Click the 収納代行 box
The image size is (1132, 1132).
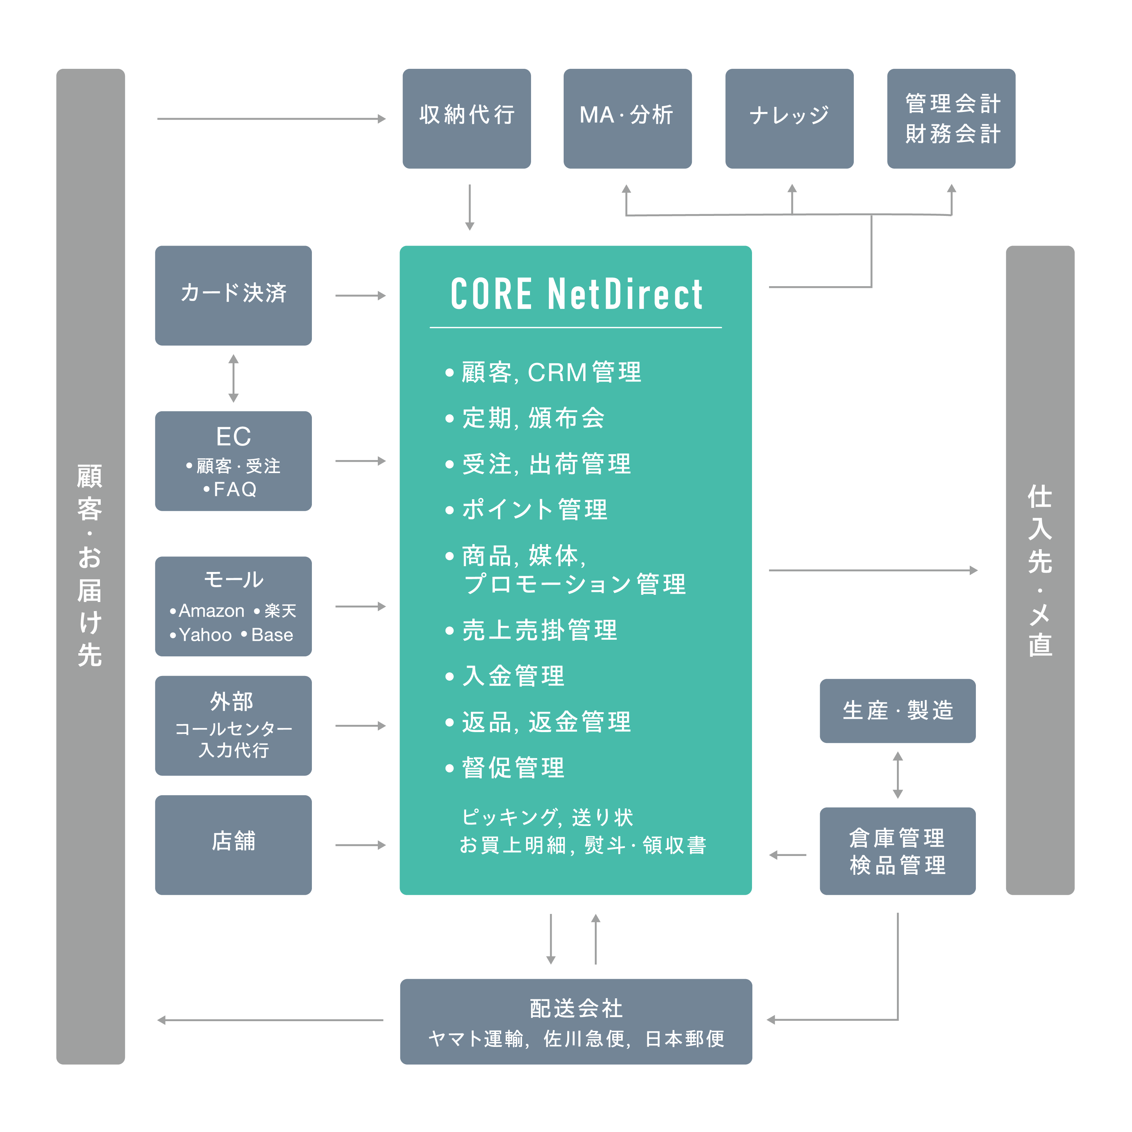coord(467,118)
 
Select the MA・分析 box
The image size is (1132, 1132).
coord(627,118)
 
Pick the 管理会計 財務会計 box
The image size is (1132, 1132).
coord(951,118)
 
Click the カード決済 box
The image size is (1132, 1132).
coord(233,295)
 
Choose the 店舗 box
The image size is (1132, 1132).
coord(233,844)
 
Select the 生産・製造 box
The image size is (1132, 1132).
coord(897,711)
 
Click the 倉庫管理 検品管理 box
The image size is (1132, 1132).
coord(897,851)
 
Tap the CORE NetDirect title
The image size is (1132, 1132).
coord(576,294)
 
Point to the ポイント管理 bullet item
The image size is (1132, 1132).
coord(534,510)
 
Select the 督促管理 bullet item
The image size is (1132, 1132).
coord(513,768)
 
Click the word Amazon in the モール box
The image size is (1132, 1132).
coord(211,610)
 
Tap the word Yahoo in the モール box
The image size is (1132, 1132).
coord(205,635)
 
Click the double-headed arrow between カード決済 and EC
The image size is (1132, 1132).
coord(233,378)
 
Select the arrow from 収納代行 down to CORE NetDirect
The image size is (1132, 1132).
coord(469,208)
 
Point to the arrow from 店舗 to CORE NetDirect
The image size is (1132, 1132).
coord(360,845)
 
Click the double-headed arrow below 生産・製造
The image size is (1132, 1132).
coord(897,775)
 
